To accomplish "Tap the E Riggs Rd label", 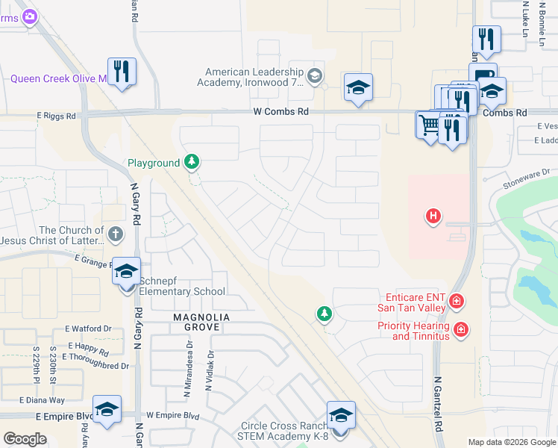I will click(x=56, y=116).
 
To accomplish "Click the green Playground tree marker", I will click(x=192, y=162).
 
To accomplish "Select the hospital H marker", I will click(x=432, y=217).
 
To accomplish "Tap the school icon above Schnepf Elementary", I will click(x=126, y=272).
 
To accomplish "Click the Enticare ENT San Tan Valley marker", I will click(x=456, y=302).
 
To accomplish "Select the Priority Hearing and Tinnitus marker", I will click(x=461, y=329).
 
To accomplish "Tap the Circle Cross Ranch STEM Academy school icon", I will click(x=340, y=415).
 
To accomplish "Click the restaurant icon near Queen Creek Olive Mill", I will click(x=122, y=72).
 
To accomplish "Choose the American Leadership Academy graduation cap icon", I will click(x=315, y=75).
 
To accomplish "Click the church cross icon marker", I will click(x=115, y=234).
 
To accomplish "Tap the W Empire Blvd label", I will click(x=174, y=414).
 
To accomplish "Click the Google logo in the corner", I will click(x=25, y=439).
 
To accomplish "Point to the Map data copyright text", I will click(x=511, y=442).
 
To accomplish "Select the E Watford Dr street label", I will click(x=88, y=328).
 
